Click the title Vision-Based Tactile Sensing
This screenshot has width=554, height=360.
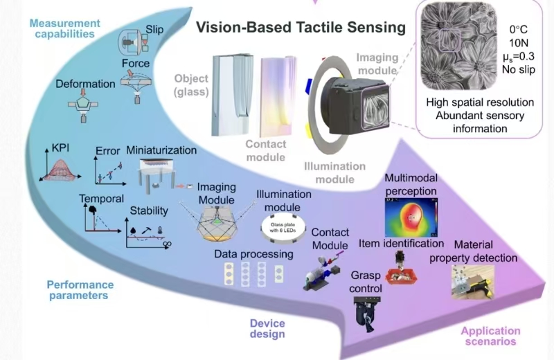pos(300,28)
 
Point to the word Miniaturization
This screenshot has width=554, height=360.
pos(161,150)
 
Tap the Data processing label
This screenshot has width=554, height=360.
pos(253,254)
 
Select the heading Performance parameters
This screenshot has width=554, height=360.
pos(80,289)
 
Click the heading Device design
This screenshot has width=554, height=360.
pos(267,328)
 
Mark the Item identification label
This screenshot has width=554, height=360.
pos(401,243)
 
